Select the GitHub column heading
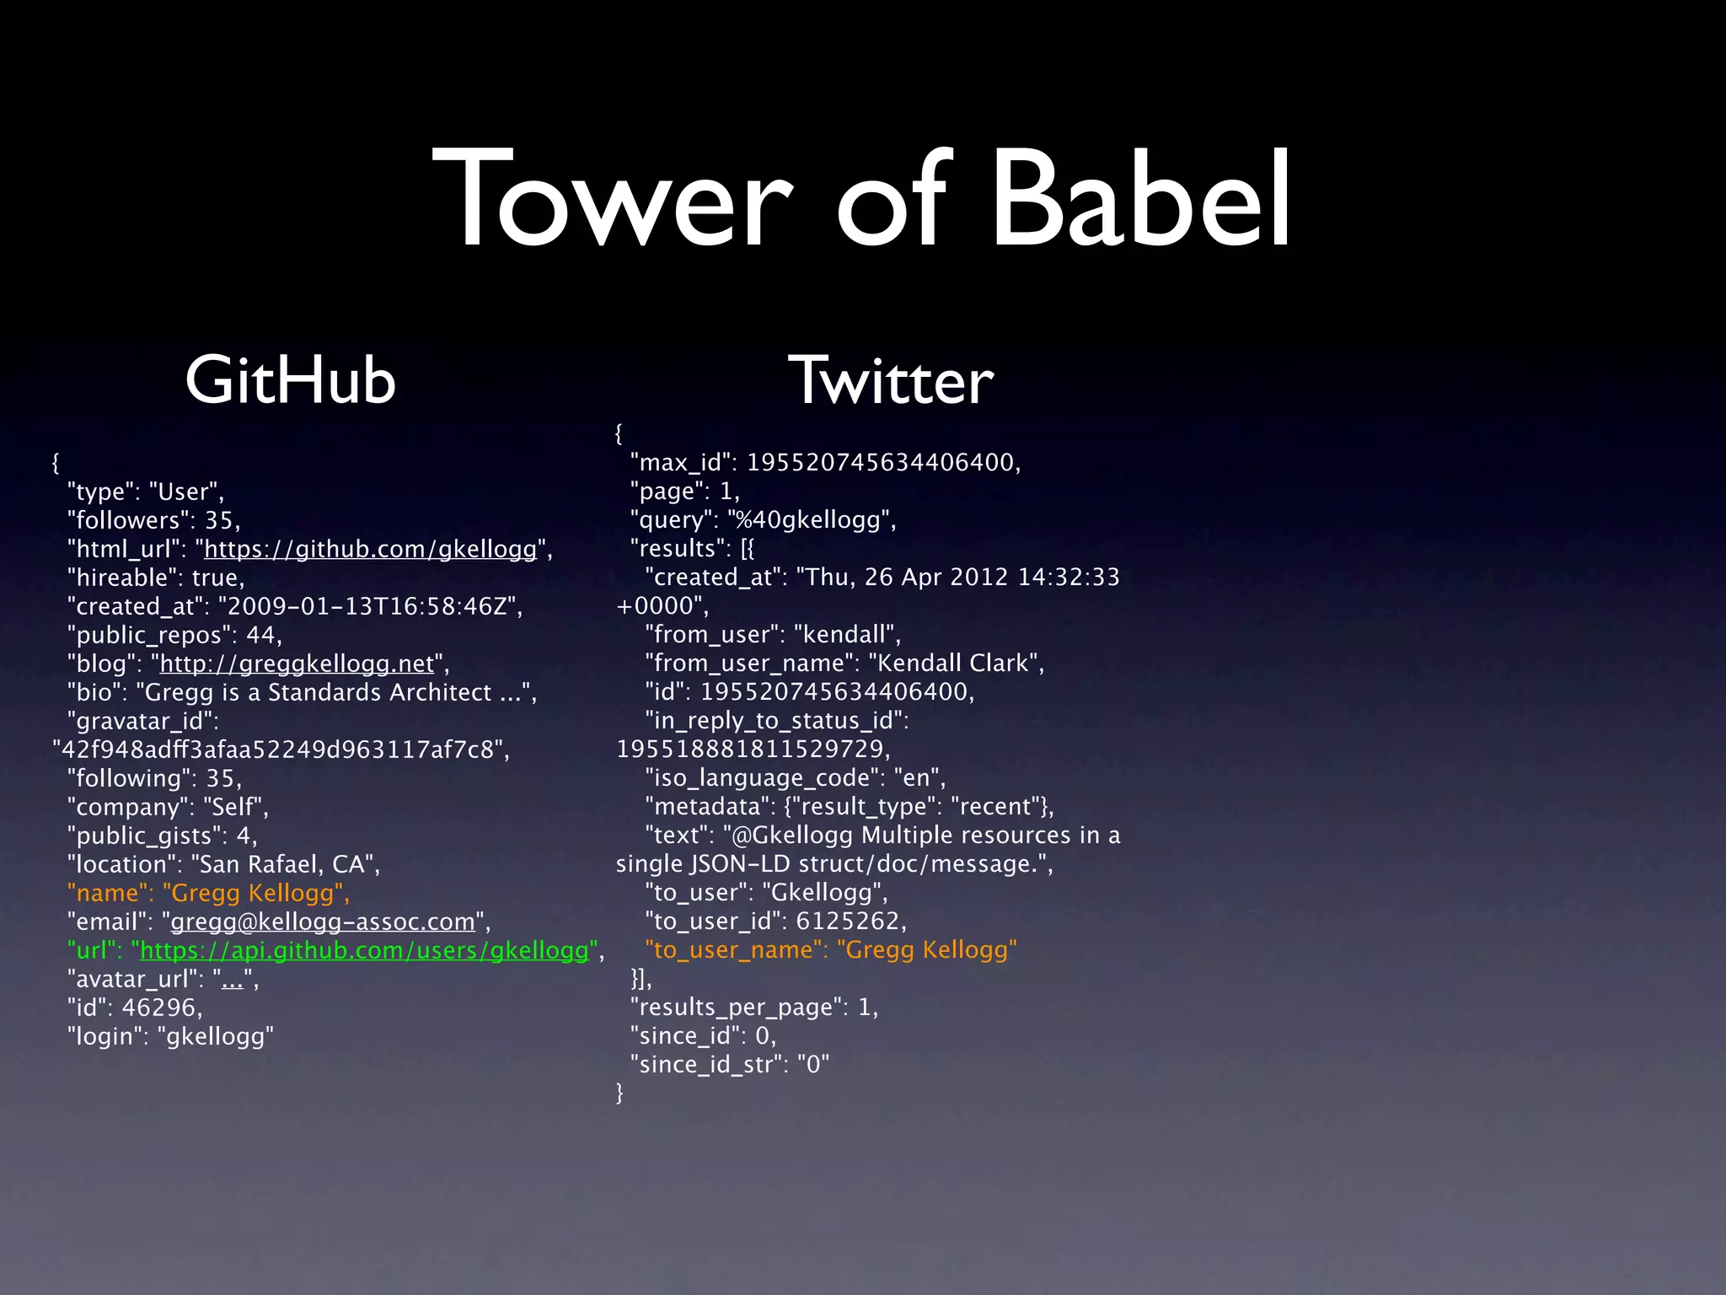(290, 380)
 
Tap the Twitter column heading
(890, 380)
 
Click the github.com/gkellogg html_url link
(370, 549)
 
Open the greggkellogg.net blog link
(297, 664)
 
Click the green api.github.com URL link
(364, 950)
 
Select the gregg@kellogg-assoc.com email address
(323, 922)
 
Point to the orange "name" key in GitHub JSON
(107, 893)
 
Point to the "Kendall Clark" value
(952, 663)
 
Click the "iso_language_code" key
(764, 777)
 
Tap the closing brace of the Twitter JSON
(619, 1093)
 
